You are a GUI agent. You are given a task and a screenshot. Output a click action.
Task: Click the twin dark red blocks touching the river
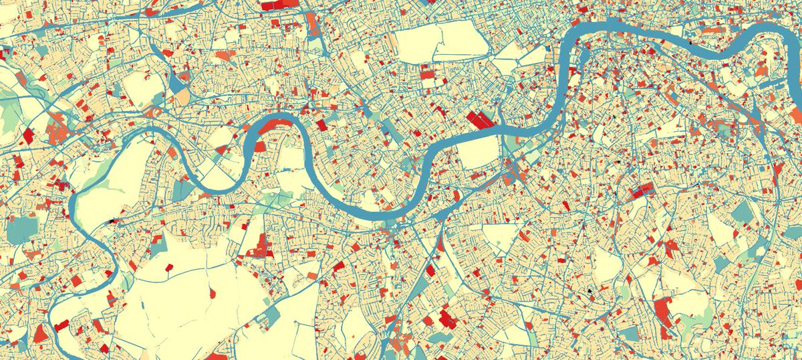point(483,121)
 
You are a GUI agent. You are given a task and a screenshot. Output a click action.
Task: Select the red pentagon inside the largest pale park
point(168,270)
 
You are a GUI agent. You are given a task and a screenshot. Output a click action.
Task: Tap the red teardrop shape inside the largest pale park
point(212,292)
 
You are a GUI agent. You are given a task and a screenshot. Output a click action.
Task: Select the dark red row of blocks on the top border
point(277,5)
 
